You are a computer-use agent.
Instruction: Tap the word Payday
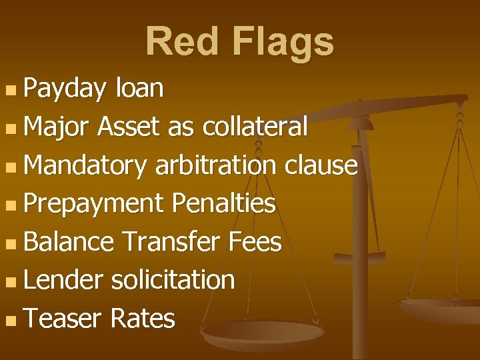[x=65, y=89]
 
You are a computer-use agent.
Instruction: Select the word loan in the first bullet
[x=139, y=88]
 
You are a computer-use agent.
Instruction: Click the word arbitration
[x=216, y=165]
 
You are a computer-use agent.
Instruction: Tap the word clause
[x=321, y=165]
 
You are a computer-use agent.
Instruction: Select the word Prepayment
[x=93, y=203]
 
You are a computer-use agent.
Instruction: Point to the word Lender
[x=63, y=280]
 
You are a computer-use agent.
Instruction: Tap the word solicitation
[x=173, y=280]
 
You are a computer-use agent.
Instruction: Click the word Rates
[x=143, y=319]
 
